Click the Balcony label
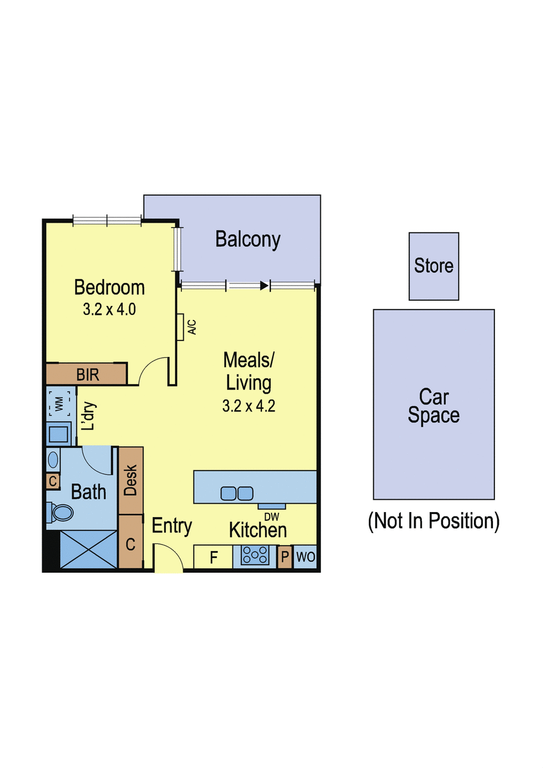[248, 239]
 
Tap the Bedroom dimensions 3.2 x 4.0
[109, 309]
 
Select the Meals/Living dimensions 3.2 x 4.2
[248, 406]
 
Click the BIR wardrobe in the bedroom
[86, 374]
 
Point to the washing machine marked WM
[60, 404]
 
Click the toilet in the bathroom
[60, 513]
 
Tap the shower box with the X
[88, 549]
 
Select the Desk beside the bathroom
[131, 481]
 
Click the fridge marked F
[213, 557]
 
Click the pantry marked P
[285, 557]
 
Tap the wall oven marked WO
[305, 557]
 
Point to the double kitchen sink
[237, 493]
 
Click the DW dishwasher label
[271, 516]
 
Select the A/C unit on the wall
[181, 327]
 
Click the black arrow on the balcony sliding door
[264, 285]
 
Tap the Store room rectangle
[434, 266]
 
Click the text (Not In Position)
[434, 522]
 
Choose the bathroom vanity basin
[53, 460]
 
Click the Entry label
[172, 526]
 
